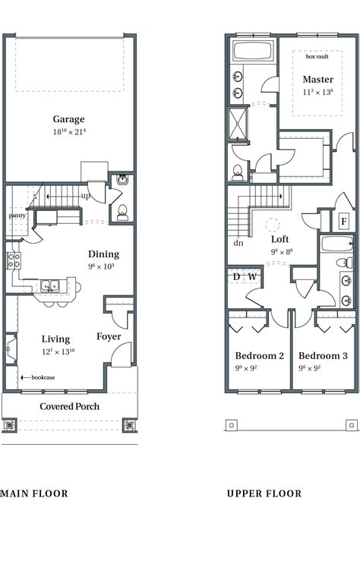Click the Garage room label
pyautogui.click(x=68, y=119)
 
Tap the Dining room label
pyautogui.click(x=103, y=254)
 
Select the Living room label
pyautogui.click(x=56, y=339)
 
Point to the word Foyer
pyautogui.click(x=109, y=336)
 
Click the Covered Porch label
pyautogui.click(x=70, y=406)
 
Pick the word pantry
pyautogui.click(x=17, y=215)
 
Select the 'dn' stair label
pyautogui.click(x=238, y=243)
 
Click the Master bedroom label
pyautogui.click(x=317, y=80)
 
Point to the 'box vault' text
pyautogui.click(x=317, y=57)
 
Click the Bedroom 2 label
pyautogui.click(x=259, y=356)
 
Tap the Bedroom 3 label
pyautogui.click(x=323, y=356)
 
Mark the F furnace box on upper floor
pyautogui.click(x=343, y=222)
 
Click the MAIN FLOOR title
pyautogui.click(x=34, y=493)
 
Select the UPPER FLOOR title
pyautogui.click(x=264, y=493)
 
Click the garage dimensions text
pyautogui.click(x=68, y=132)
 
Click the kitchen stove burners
pyautogui.click(x=13, y=260)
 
